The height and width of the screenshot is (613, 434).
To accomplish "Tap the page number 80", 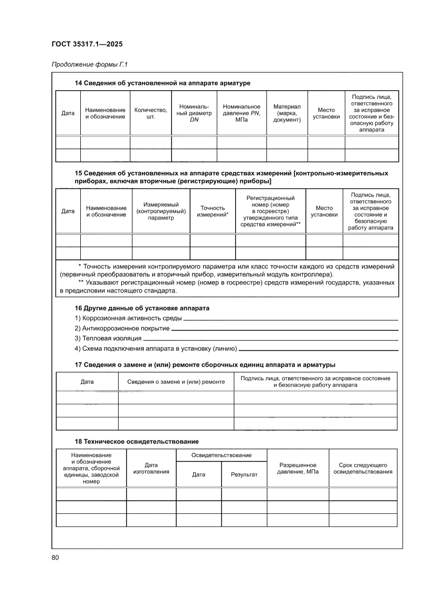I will coord(55,557).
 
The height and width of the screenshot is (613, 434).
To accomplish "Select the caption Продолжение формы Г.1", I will coord(90,65).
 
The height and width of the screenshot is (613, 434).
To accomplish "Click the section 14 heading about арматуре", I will coord(163,83).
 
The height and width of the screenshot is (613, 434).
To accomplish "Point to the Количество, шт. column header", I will coord(151,113).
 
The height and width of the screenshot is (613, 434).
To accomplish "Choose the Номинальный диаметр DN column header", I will coord(194,113).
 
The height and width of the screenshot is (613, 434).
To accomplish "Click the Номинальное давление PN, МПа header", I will coord(241,113).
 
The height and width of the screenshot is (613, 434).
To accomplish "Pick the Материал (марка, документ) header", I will coord(287,113).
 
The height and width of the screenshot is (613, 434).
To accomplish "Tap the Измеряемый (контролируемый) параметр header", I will coord(161,211).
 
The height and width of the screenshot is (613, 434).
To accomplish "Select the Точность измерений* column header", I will coord(213,211).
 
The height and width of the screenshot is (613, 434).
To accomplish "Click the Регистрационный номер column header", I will coord(270,211).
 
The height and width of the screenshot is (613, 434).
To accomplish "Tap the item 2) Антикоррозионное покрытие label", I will coord(122,328).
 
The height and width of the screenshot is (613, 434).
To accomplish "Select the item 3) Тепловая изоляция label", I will coord(108,338).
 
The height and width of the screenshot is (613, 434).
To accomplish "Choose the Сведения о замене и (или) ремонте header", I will coord(176,382).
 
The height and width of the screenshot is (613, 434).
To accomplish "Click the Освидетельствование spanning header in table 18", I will coord(221,455).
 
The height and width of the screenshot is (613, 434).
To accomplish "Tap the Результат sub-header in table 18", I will coord(244,475).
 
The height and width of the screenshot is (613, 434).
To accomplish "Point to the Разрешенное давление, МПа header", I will coord(298,468).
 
